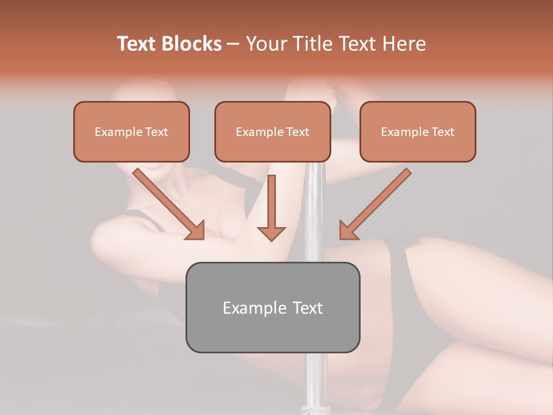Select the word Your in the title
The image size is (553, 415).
pos(265,44)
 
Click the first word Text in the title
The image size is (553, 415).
pos(138,44)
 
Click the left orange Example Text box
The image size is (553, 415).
pos(131,131)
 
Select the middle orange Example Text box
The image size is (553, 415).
pos(272,131)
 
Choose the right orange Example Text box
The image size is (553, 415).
pos(418,131)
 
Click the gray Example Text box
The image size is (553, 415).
pos(272,307)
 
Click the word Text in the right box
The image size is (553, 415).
pos(442,132)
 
